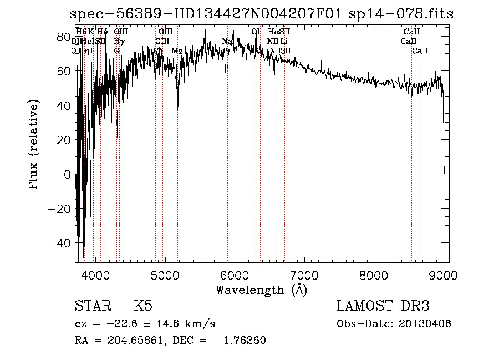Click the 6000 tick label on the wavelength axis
(x=235, y=276)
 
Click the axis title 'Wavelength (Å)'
(x=261, y=290)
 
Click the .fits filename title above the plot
(x=262, y=14)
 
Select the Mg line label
(x=177, y=51)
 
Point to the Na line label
(x=227, y=42)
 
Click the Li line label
(x=284, y=42)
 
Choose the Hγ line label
(x=119, y=42)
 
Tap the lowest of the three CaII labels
(x=420, y=51)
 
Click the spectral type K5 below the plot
(x=144, y=306)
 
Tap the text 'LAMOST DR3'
(x=383, y=306)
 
